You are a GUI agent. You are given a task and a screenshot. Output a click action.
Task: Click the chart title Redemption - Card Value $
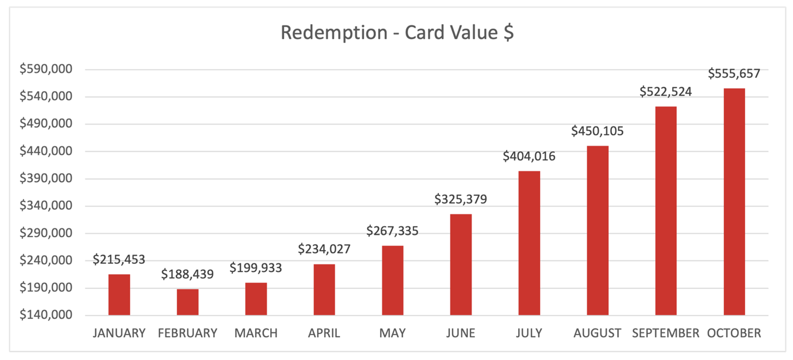[x=397, y=32]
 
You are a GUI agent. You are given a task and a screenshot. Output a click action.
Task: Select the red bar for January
[x=119, y=294]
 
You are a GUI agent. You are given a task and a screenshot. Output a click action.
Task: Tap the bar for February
[x=188, y=302]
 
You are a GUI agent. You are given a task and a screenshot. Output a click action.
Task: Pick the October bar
[x=734, y=202]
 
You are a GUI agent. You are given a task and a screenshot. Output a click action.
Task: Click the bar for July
[x=529, y=243]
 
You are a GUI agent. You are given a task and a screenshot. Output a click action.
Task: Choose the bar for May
[x=392, y=280]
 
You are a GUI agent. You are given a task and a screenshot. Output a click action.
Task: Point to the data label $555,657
[x=734, y=73]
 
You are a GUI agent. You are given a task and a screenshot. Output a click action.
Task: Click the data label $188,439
[x=187, y=274]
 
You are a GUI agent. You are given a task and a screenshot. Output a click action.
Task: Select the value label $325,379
[x=461, y=199]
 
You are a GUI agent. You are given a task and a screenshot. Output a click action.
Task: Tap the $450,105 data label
[x=597, y=131]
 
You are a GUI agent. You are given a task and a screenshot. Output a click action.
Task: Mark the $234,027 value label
[x=324, y=249]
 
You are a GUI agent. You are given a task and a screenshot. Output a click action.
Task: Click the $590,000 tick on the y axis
[x=46, y=69]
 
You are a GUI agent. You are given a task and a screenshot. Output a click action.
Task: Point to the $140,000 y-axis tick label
[x=46, y=315]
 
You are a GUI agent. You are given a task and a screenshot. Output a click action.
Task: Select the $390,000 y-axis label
[x=46, y=178]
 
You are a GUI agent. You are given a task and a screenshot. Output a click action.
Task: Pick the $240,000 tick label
[x=46, y=260]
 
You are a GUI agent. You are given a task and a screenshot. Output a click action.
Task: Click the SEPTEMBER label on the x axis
[x=666, y=333]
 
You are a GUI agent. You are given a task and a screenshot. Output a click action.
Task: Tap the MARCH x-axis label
[x=256, y=333]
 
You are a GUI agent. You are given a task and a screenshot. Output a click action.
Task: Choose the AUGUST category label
[x=597, y=333]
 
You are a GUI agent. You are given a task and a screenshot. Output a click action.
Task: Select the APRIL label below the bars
[x=324, y=333]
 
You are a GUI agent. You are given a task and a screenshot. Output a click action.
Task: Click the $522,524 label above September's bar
[x=666, y=91]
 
